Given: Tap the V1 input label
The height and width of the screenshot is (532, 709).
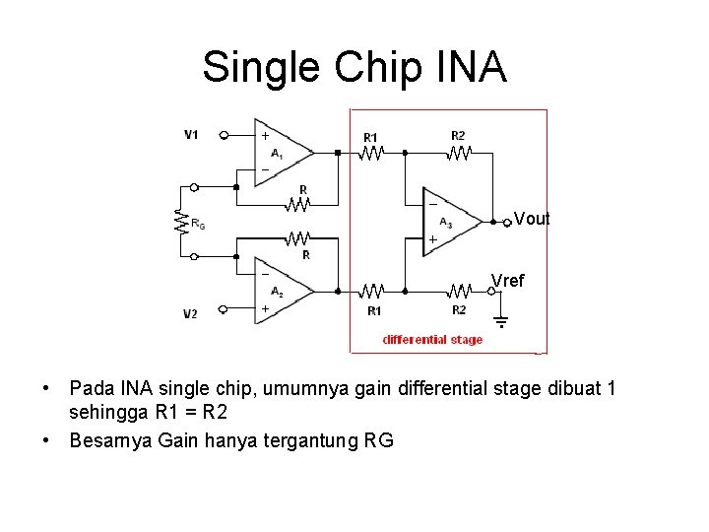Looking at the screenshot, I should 191,134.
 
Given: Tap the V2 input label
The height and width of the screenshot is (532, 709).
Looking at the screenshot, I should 191,313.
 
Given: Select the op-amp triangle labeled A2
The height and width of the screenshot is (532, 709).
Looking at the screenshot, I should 282,291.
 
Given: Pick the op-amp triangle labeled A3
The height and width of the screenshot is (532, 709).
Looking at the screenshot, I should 451,221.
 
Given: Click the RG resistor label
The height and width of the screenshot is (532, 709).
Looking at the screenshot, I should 198,224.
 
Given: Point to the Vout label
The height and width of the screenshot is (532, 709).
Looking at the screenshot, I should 532,220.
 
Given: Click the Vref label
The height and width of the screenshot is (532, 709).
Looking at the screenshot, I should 508,281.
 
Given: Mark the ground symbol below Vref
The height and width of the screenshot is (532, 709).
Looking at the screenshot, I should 499,321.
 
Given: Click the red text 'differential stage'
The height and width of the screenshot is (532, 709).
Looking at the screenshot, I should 432,340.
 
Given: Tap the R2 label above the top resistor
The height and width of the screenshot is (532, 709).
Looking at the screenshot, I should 459,135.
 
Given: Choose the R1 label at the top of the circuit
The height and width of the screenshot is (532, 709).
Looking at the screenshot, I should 370,136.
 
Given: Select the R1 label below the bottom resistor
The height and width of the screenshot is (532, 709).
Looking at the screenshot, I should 374,311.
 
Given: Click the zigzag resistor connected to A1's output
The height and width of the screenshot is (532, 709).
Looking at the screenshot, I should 372,153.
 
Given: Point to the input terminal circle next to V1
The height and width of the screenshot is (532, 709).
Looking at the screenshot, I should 224,135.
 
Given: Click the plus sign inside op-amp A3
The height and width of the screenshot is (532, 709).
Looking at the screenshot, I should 431,240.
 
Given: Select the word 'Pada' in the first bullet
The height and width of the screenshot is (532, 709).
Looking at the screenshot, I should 92,389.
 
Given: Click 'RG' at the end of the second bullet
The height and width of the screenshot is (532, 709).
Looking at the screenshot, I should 378,440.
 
